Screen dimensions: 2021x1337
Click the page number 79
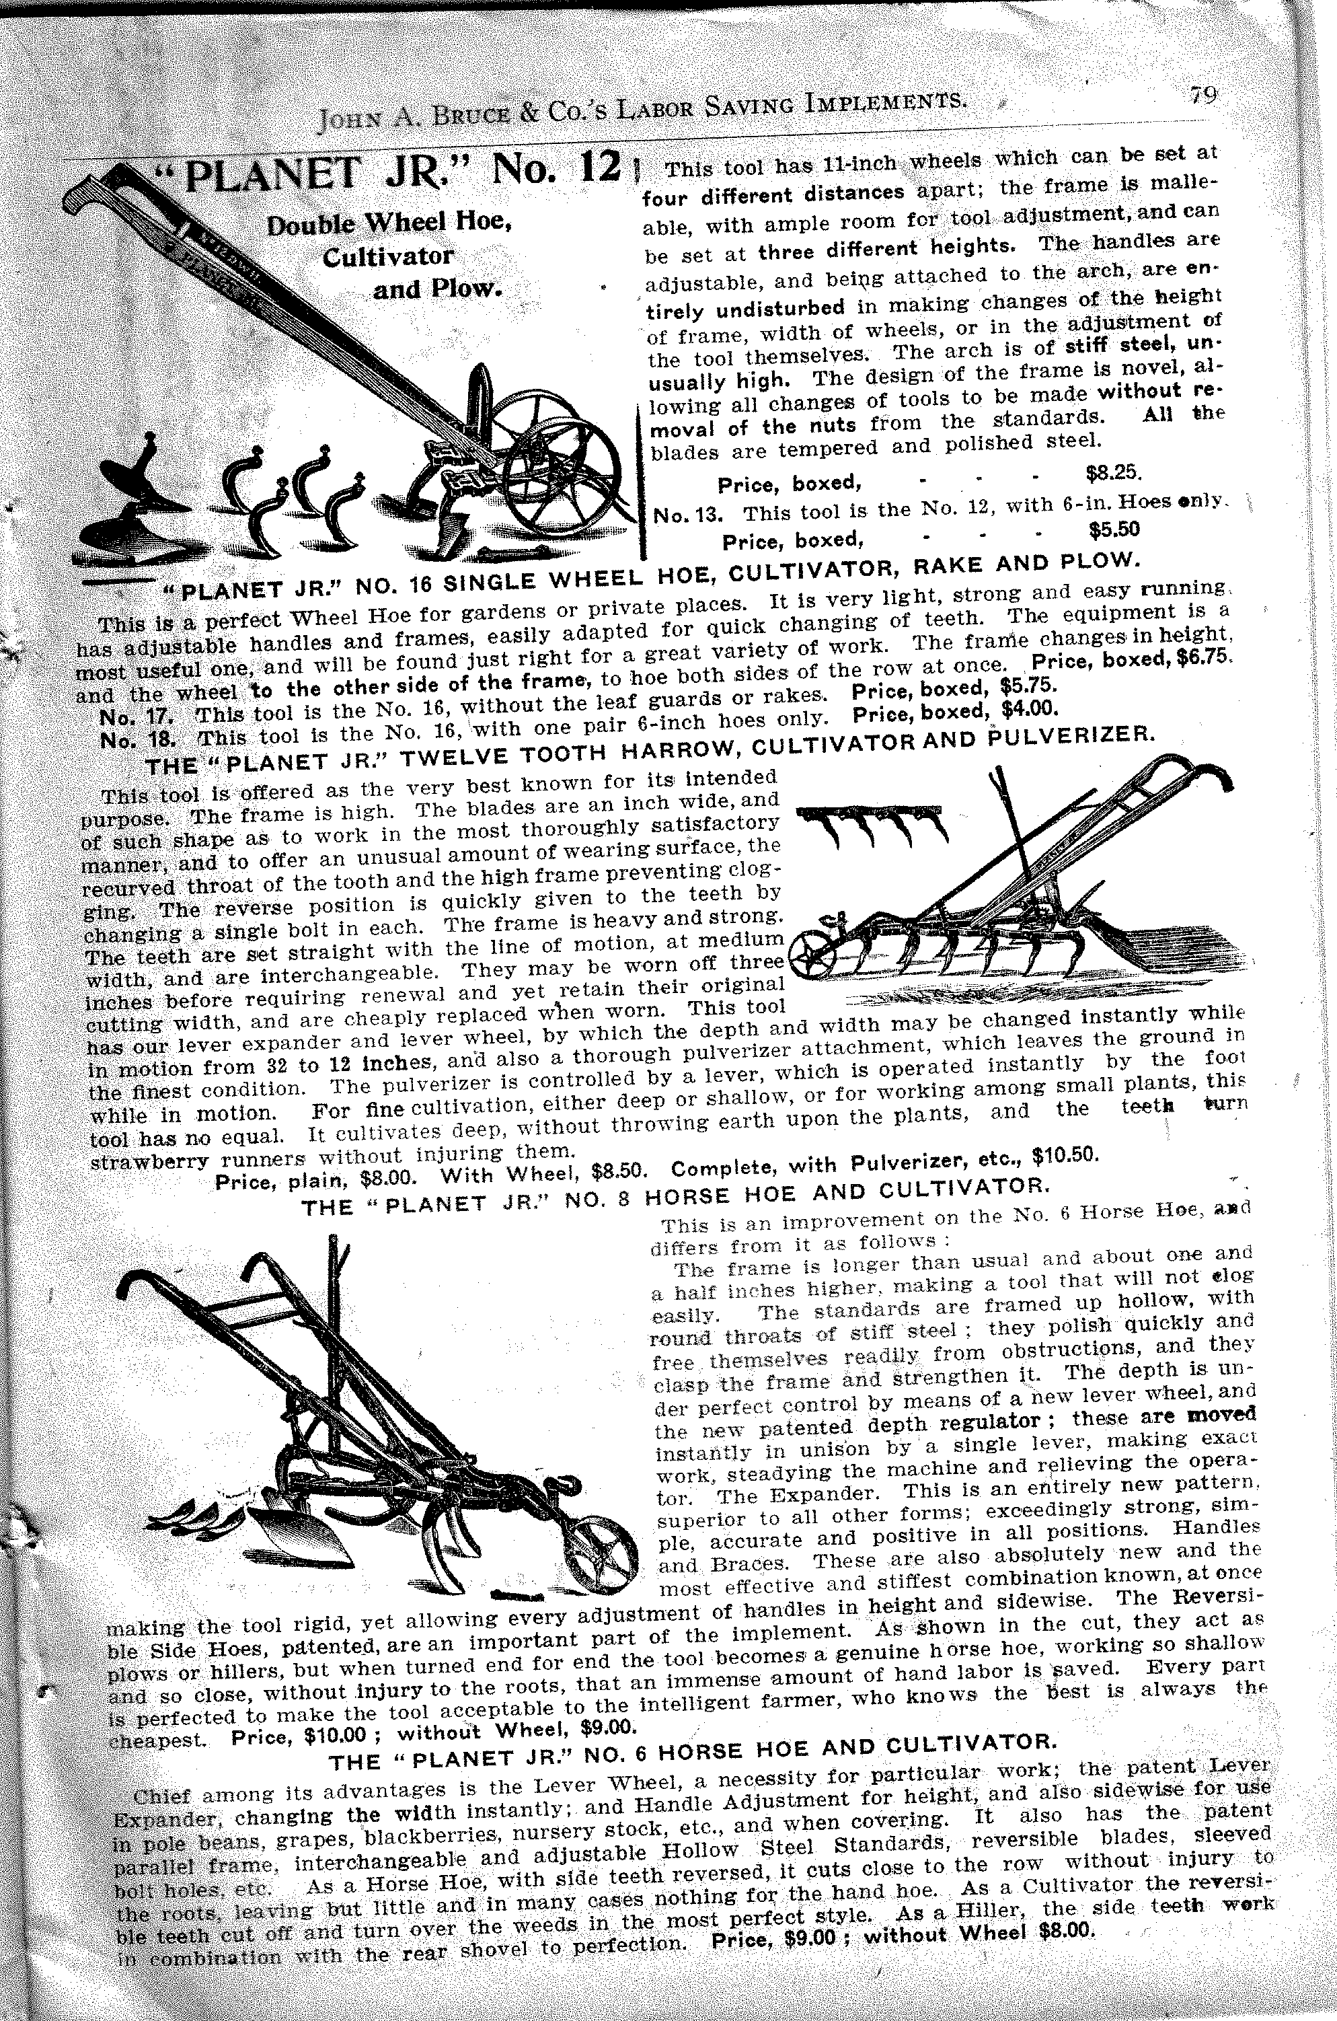click(x=1204, y=95)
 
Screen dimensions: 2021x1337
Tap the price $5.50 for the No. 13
click(x=1114, y=529)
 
